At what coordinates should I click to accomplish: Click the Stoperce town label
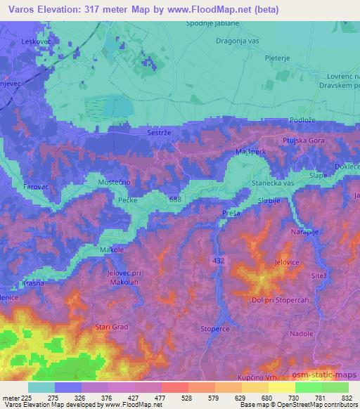point(216,327)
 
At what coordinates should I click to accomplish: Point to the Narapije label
point(304,231)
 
